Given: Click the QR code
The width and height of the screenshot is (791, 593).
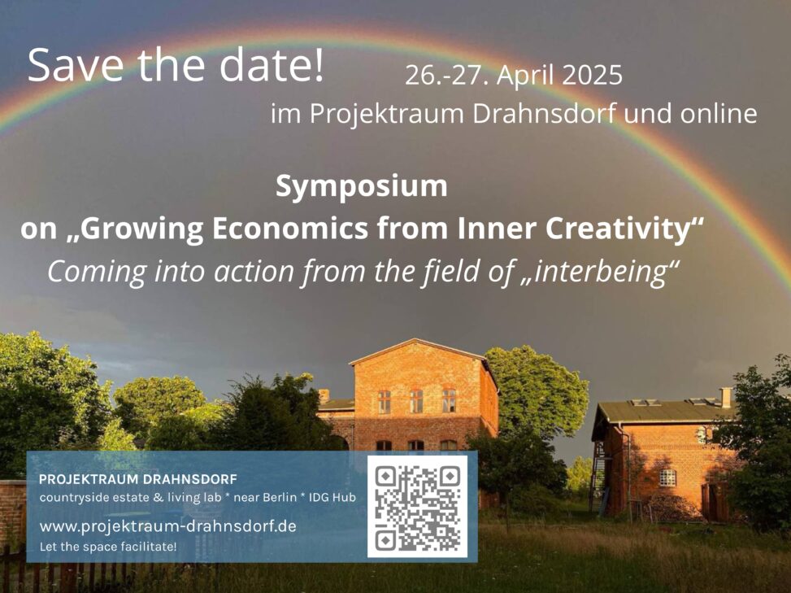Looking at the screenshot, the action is point(417,507).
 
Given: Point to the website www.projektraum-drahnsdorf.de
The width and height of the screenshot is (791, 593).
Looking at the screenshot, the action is point(168,526).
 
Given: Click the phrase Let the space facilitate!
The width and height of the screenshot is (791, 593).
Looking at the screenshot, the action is point(108,547).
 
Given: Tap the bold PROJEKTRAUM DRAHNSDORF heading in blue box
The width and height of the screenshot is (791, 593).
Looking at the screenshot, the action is point(137,479).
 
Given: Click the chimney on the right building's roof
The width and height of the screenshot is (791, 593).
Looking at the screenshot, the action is point(726,397).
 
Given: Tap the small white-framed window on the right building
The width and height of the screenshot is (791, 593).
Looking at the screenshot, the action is point(667,477).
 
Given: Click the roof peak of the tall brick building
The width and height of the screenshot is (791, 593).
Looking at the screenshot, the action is point(415,340).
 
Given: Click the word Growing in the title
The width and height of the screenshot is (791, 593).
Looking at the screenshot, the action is point(141,229).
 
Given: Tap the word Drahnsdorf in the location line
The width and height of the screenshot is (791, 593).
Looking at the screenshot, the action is point(544,114).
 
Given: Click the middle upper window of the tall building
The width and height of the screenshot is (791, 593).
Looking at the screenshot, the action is point(416,401).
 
